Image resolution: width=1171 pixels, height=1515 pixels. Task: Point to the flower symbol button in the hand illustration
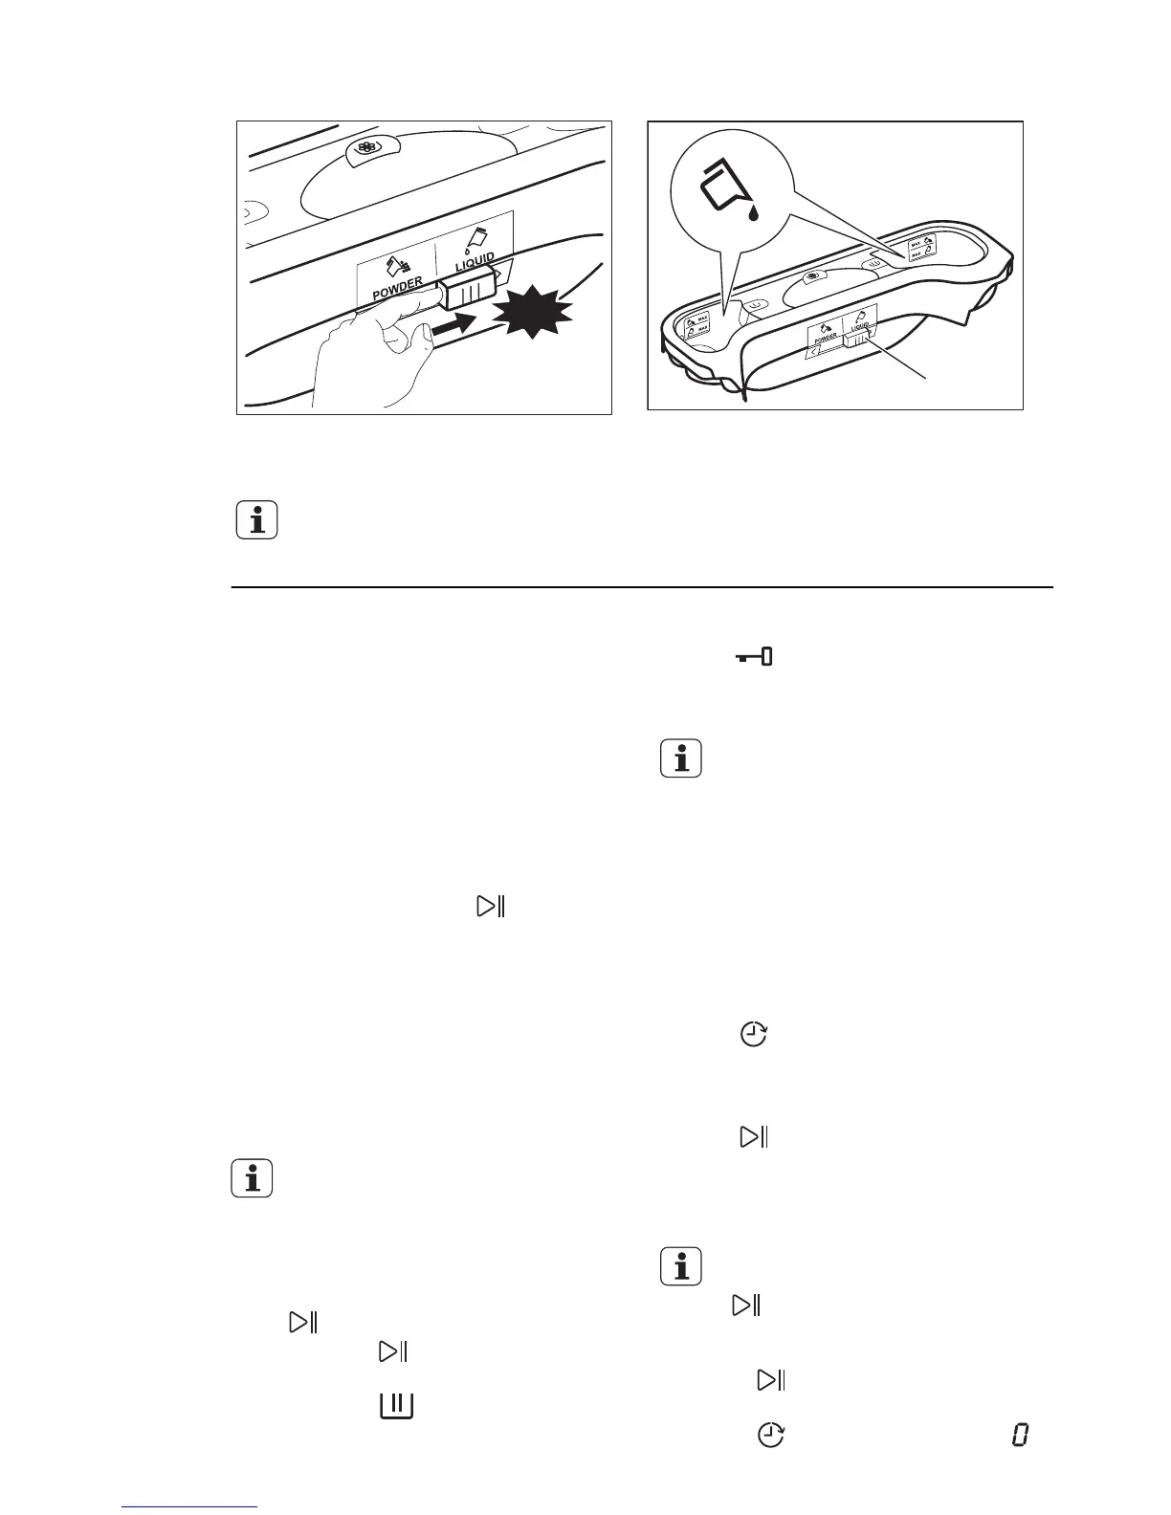[x=365, y=148]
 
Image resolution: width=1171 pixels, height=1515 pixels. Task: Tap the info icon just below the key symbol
[x=680, y=759]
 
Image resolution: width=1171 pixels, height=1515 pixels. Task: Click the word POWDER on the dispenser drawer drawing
[x=824, y=338]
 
